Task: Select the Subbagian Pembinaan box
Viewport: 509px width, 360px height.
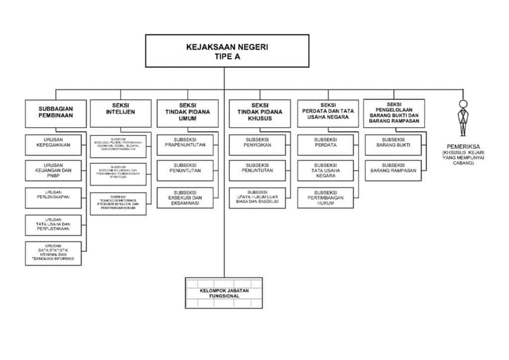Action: click(56, 113)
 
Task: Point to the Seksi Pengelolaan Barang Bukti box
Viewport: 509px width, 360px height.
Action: click(394, 113)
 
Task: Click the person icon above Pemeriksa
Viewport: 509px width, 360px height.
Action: click(463, 119)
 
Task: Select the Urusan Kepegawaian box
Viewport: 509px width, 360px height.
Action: click(55, 145)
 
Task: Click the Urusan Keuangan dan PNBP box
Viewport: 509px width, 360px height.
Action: click(55, 171)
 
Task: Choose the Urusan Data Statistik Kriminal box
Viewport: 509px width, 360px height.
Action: click(54, 253)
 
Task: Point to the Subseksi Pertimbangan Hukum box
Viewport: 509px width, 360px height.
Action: click(326, 197)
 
